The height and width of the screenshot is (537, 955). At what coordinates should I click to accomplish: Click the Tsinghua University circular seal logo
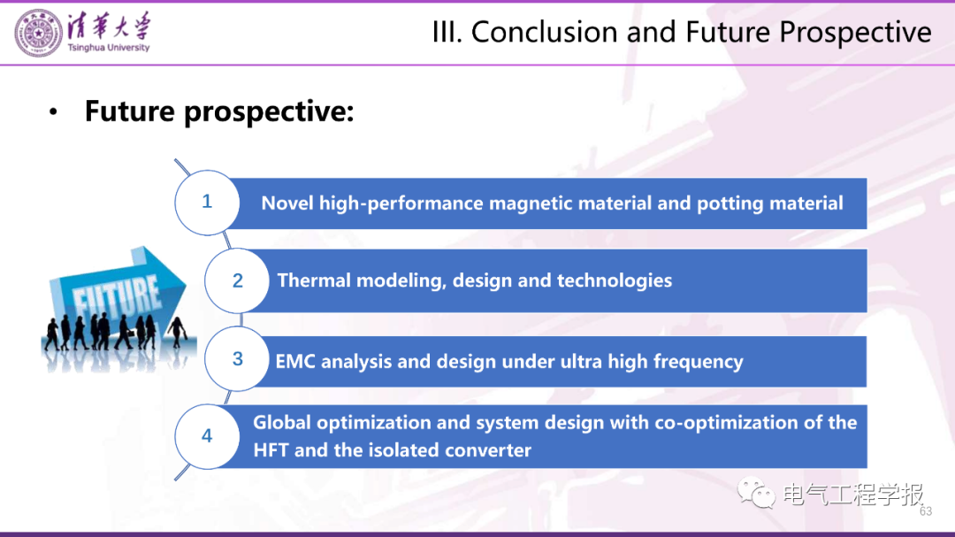point(38,34)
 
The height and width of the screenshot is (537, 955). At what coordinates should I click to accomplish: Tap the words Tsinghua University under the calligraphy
point(109,48)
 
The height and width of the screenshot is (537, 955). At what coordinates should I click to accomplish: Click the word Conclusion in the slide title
point(545,32)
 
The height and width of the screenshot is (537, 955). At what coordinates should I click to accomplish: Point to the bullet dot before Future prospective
point(54,112)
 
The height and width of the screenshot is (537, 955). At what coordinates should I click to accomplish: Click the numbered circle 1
point(207,203)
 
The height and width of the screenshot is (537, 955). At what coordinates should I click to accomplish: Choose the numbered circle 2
point(237,280)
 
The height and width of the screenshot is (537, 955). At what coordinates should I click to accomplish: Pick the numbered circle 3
point(237,358)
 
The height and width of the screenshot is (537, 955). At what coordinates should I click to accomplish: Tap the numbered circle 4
point(207,436)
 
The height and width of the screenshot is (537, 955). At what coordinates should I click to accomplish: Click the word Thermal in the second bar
point(314,280)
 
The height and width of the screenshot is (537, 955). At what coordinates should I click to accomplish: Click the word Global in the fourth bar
point(282,422)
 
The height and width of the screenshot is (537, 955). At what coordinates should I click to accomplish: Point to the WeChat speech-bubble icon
point(756,493)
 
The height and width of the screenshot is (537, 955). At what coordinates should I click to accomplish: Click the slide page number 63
point(926,511)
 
